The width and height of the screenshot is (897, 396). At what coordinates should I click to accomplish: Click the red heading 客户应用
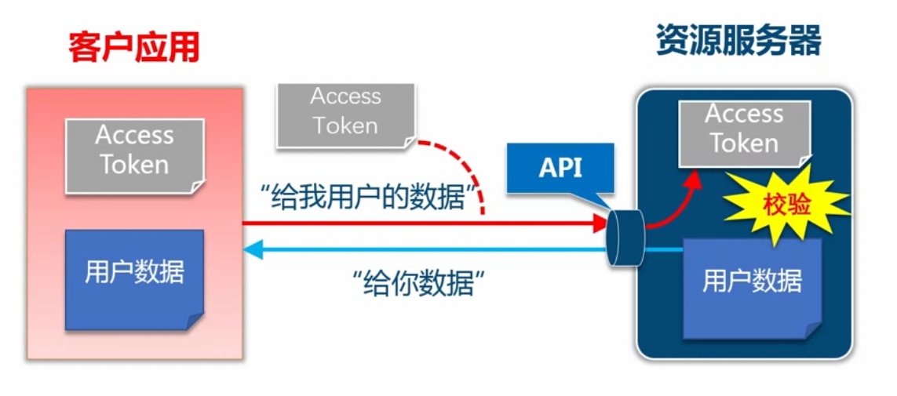click(x=133, y=48)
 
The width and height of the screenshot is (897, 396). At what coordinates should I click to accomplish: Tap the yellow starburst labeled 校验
click(x=785, y=205)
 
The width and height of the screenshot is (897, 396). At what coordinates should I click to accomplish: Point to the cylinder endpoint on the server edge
click(x=625, y=237)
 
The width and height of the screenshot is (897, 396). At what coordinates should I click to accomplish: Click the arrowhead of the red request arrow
click(x=600, y=223)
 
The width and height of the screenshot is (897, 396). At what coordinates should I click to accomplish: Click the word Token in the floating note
click(x=345, y=125)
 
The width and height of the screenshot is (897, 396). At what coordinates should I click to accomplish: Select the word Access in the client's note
click(x=134, y=136)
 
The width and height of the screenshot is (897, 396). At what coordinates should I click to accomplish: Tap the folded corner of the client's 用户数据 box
click(x=195, y=322)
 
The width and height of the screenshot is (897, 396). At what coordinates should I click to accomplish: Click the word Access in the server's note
click(x=744, y=114)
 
